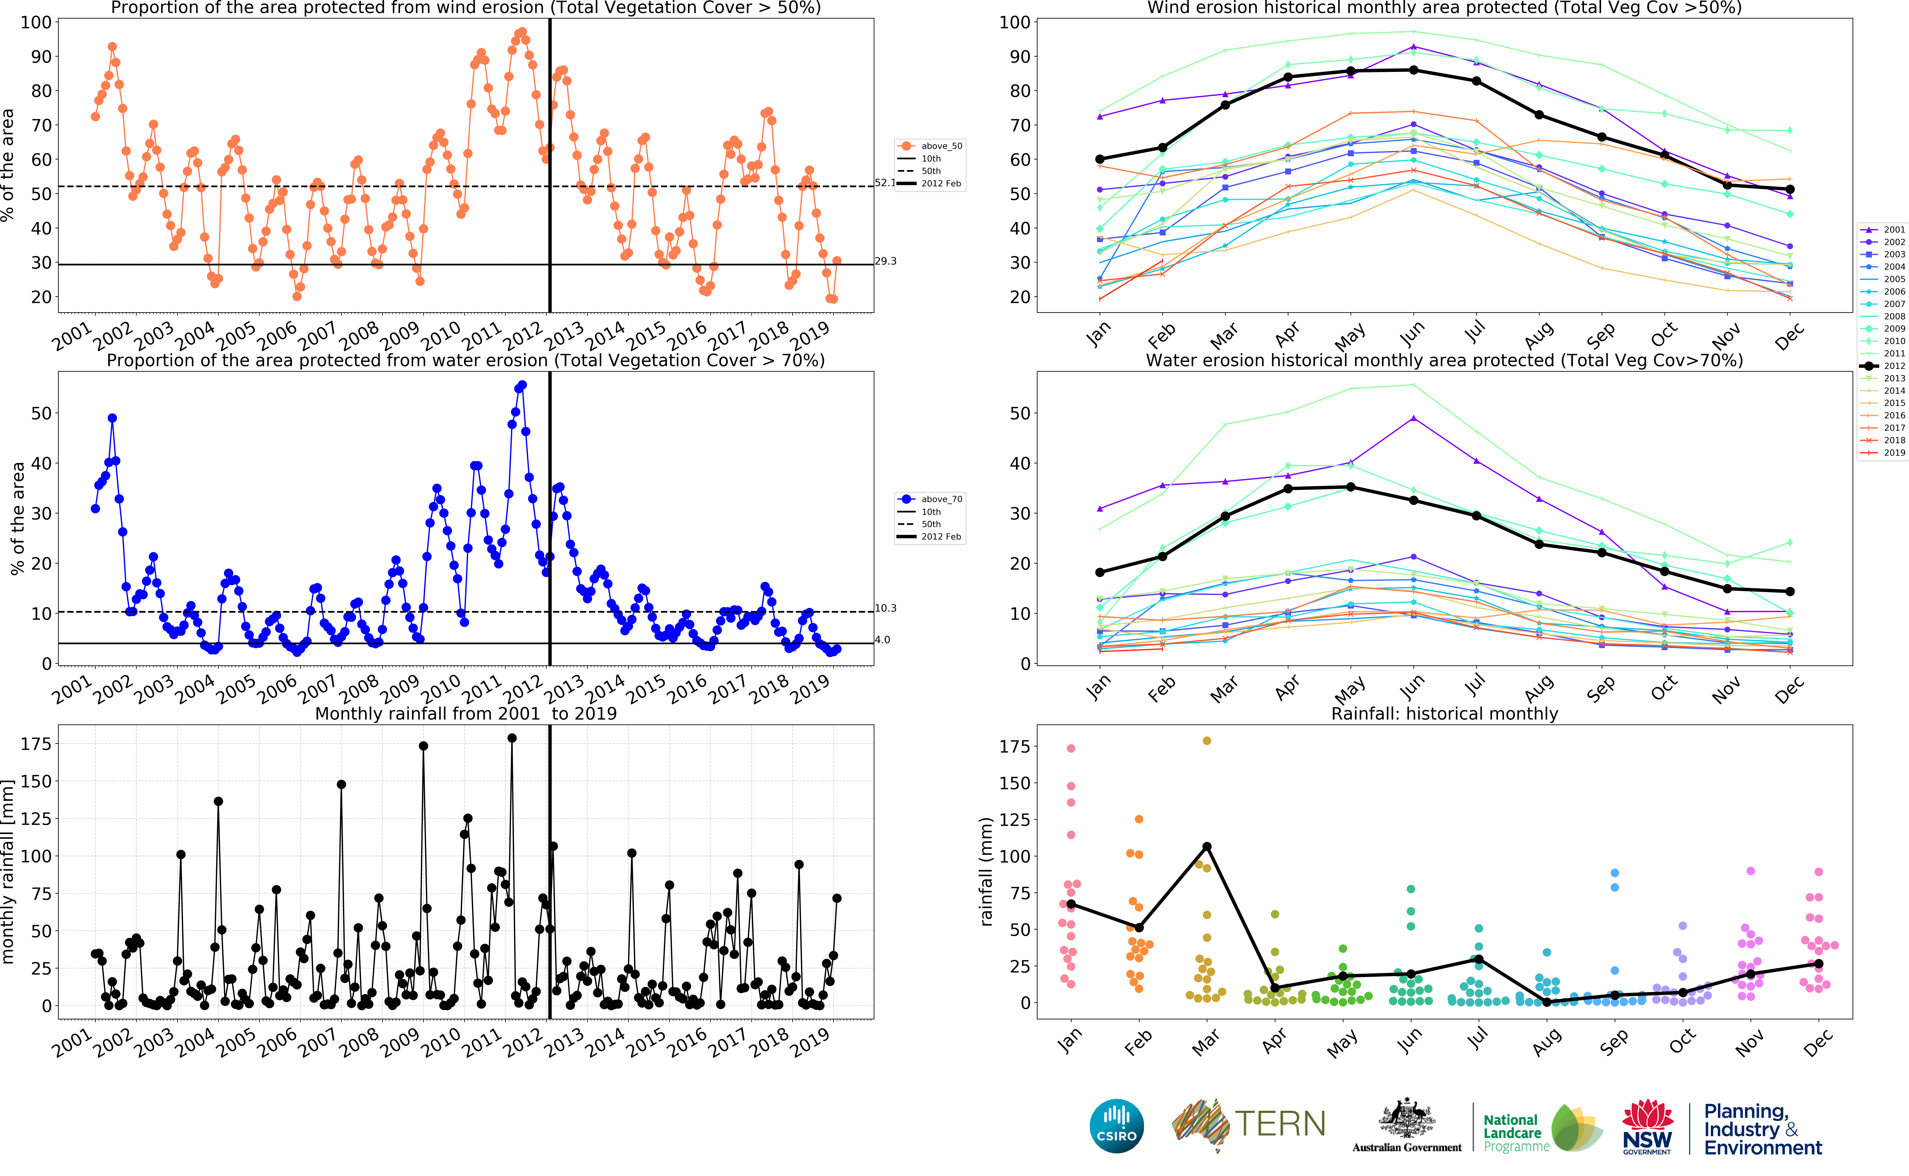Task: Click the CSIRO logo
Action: (1117, 1125)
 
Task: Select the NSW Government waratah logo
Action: (1647, 1125)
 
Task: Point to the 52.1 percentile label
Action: (885, 183)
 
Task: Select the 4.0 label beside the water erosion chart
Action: (883, 640)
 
